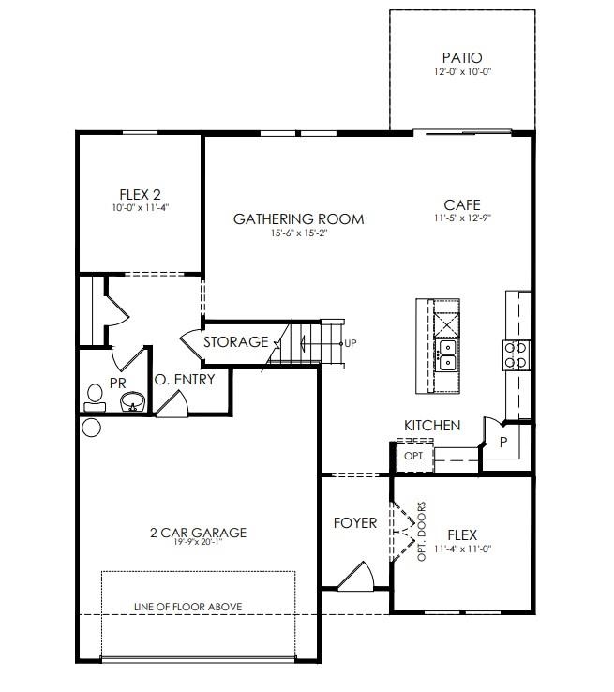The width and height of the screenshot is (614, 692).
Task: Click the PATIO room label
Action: click(462, 58)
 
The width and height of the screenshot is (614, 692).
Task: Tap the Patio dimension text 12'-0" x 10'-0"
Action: click(462, 71)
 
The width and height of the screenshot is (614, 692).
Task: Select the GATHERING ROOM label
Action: click(299, 218)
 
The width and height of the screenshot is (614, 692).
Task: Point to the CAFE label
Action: click(462, 204)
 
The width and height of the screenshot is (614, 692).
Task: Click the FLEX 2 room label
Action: click(140, 195)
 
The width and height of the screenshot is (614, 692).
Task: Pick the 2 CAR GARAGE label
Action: click(198, 533)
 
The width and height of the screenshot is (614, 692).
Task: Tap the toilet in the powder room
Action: click(95, 399)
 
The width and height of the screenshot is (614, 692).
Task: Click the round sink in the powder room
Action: click(133, 401)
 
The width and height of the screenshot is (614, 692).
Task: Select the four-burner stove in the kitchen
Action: click(517, 355)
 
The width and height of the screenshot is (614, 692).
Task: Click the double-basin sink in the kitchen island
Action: click(446, 355)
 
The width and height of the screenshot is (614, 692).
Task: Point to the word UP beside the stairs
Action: click(351, 343)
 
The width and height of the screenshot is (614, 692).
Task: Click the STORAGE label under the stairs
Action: click(235, 342)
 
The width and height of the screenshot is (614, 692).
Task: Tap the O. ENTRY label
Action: click(185, 380)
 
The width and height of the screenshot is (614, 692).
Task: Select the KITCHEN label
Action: click(432, 426)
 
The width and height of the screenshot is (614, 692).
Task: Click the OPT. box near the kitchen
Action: click(414, 455)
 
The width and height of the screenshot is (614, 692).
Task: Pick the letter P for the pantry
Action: click(503, 443)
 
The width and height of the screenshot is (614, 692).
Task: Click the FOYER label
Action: click(355, 523)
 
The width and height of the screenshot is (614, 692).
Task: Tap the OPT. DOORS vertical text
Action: click(422, 532)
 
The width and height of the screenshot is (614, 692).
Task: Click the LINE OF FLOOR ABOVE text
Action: click(187, 607)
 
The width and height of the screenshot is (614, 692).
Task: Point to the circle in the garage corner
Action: click(91, 428)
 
